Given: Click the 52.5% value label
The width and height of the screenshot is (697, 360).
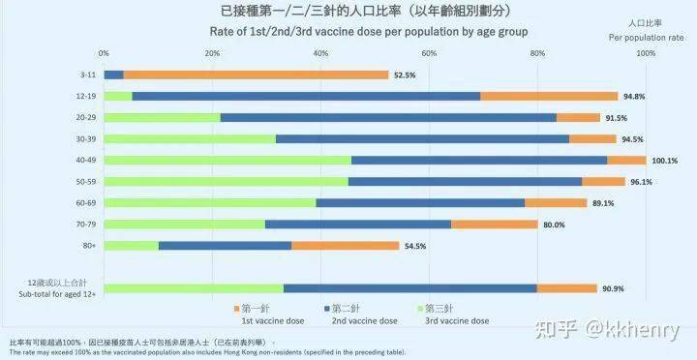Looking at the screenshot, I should click(x=404, y=75).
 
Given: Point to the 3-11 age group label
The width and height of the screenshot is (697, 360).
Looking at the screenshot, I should click(x=88, y=75).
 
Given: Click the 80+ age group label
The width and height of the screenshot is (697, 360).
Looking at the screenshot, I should click(x=89, y=245).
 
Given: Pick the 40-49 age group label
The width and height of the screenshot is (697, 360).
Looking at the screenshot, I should click(x=87, y=160).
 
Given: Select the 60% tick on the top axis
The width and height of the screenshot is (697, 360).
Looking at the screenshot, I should click(x=429, y=52).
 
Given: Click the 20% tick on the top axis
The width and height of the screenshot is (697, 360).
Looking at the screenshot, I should click(x=212, y=52).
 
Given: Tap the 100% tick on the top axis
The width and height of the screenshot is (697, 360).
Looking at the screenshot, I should click(x=646, y=52).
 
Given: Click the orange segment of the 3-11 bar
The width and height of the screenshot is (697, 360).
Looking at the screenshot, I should click(x=256, y=75).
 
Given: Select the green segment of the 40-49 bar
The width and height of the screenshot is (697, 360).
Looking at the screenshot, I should click(x=227, y=160).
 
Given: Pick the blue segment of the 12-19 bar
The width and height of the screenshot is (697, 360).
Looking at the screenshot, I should click(x=306, y=96).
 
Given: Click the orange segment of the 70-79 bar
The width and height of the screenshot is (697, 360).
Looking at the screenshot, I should click(x=494, y=224).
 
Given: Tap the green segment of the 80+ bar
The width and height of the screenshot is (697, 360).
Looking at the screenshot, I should click(x=131, y=245).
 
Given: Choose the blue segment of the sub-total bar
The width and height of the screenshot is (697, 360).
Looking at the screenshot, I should click(x=409, y=287).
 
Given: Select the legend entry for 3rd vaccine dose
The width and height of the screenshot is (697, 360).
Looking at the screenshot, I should click(x=454, y=314).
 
